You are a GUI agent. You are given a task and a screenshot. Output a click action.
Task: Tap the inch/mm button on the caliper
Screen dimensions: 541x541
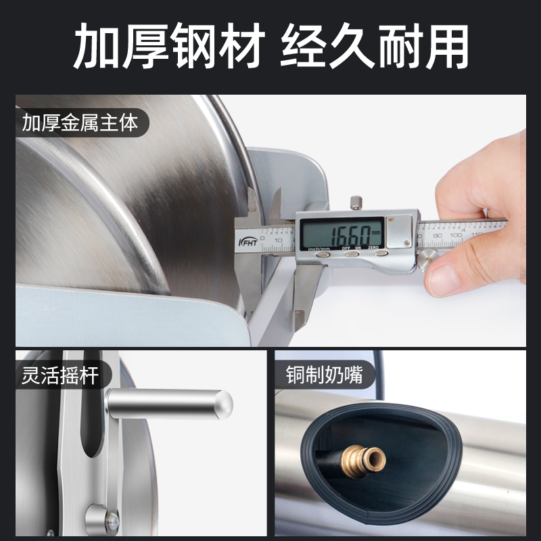coord(323,254)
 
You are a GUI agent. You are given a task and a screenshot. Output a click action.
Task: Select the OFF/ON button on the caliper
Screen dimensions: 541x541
coord(353,254)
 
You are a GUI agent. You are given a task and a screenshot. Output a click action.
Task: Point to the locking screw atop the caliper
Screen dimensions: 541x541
coord(356,202)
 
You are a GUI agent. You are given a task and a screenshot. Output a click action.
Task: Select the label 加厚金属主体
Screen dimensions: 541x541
coord(80,124)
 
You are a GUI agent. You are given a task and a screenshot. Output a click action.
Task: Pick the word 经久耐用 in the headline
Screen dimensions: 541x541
coord(374,47)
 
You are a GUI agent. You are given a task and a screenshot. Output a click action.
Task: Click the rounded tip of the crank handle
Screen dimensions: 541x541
coord(224,404)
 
